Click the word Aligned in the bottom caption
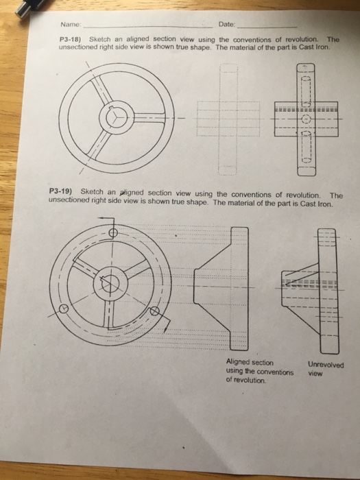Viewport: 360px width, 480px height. pyautogui.click(x=241, y=363)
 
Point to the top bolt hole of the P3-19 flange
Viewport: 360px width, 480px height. pyautogui.click(x=113, y=232)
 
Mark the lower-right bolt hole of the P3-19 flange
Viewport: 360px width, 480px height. pyautogui.click(x=156, y=312)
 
